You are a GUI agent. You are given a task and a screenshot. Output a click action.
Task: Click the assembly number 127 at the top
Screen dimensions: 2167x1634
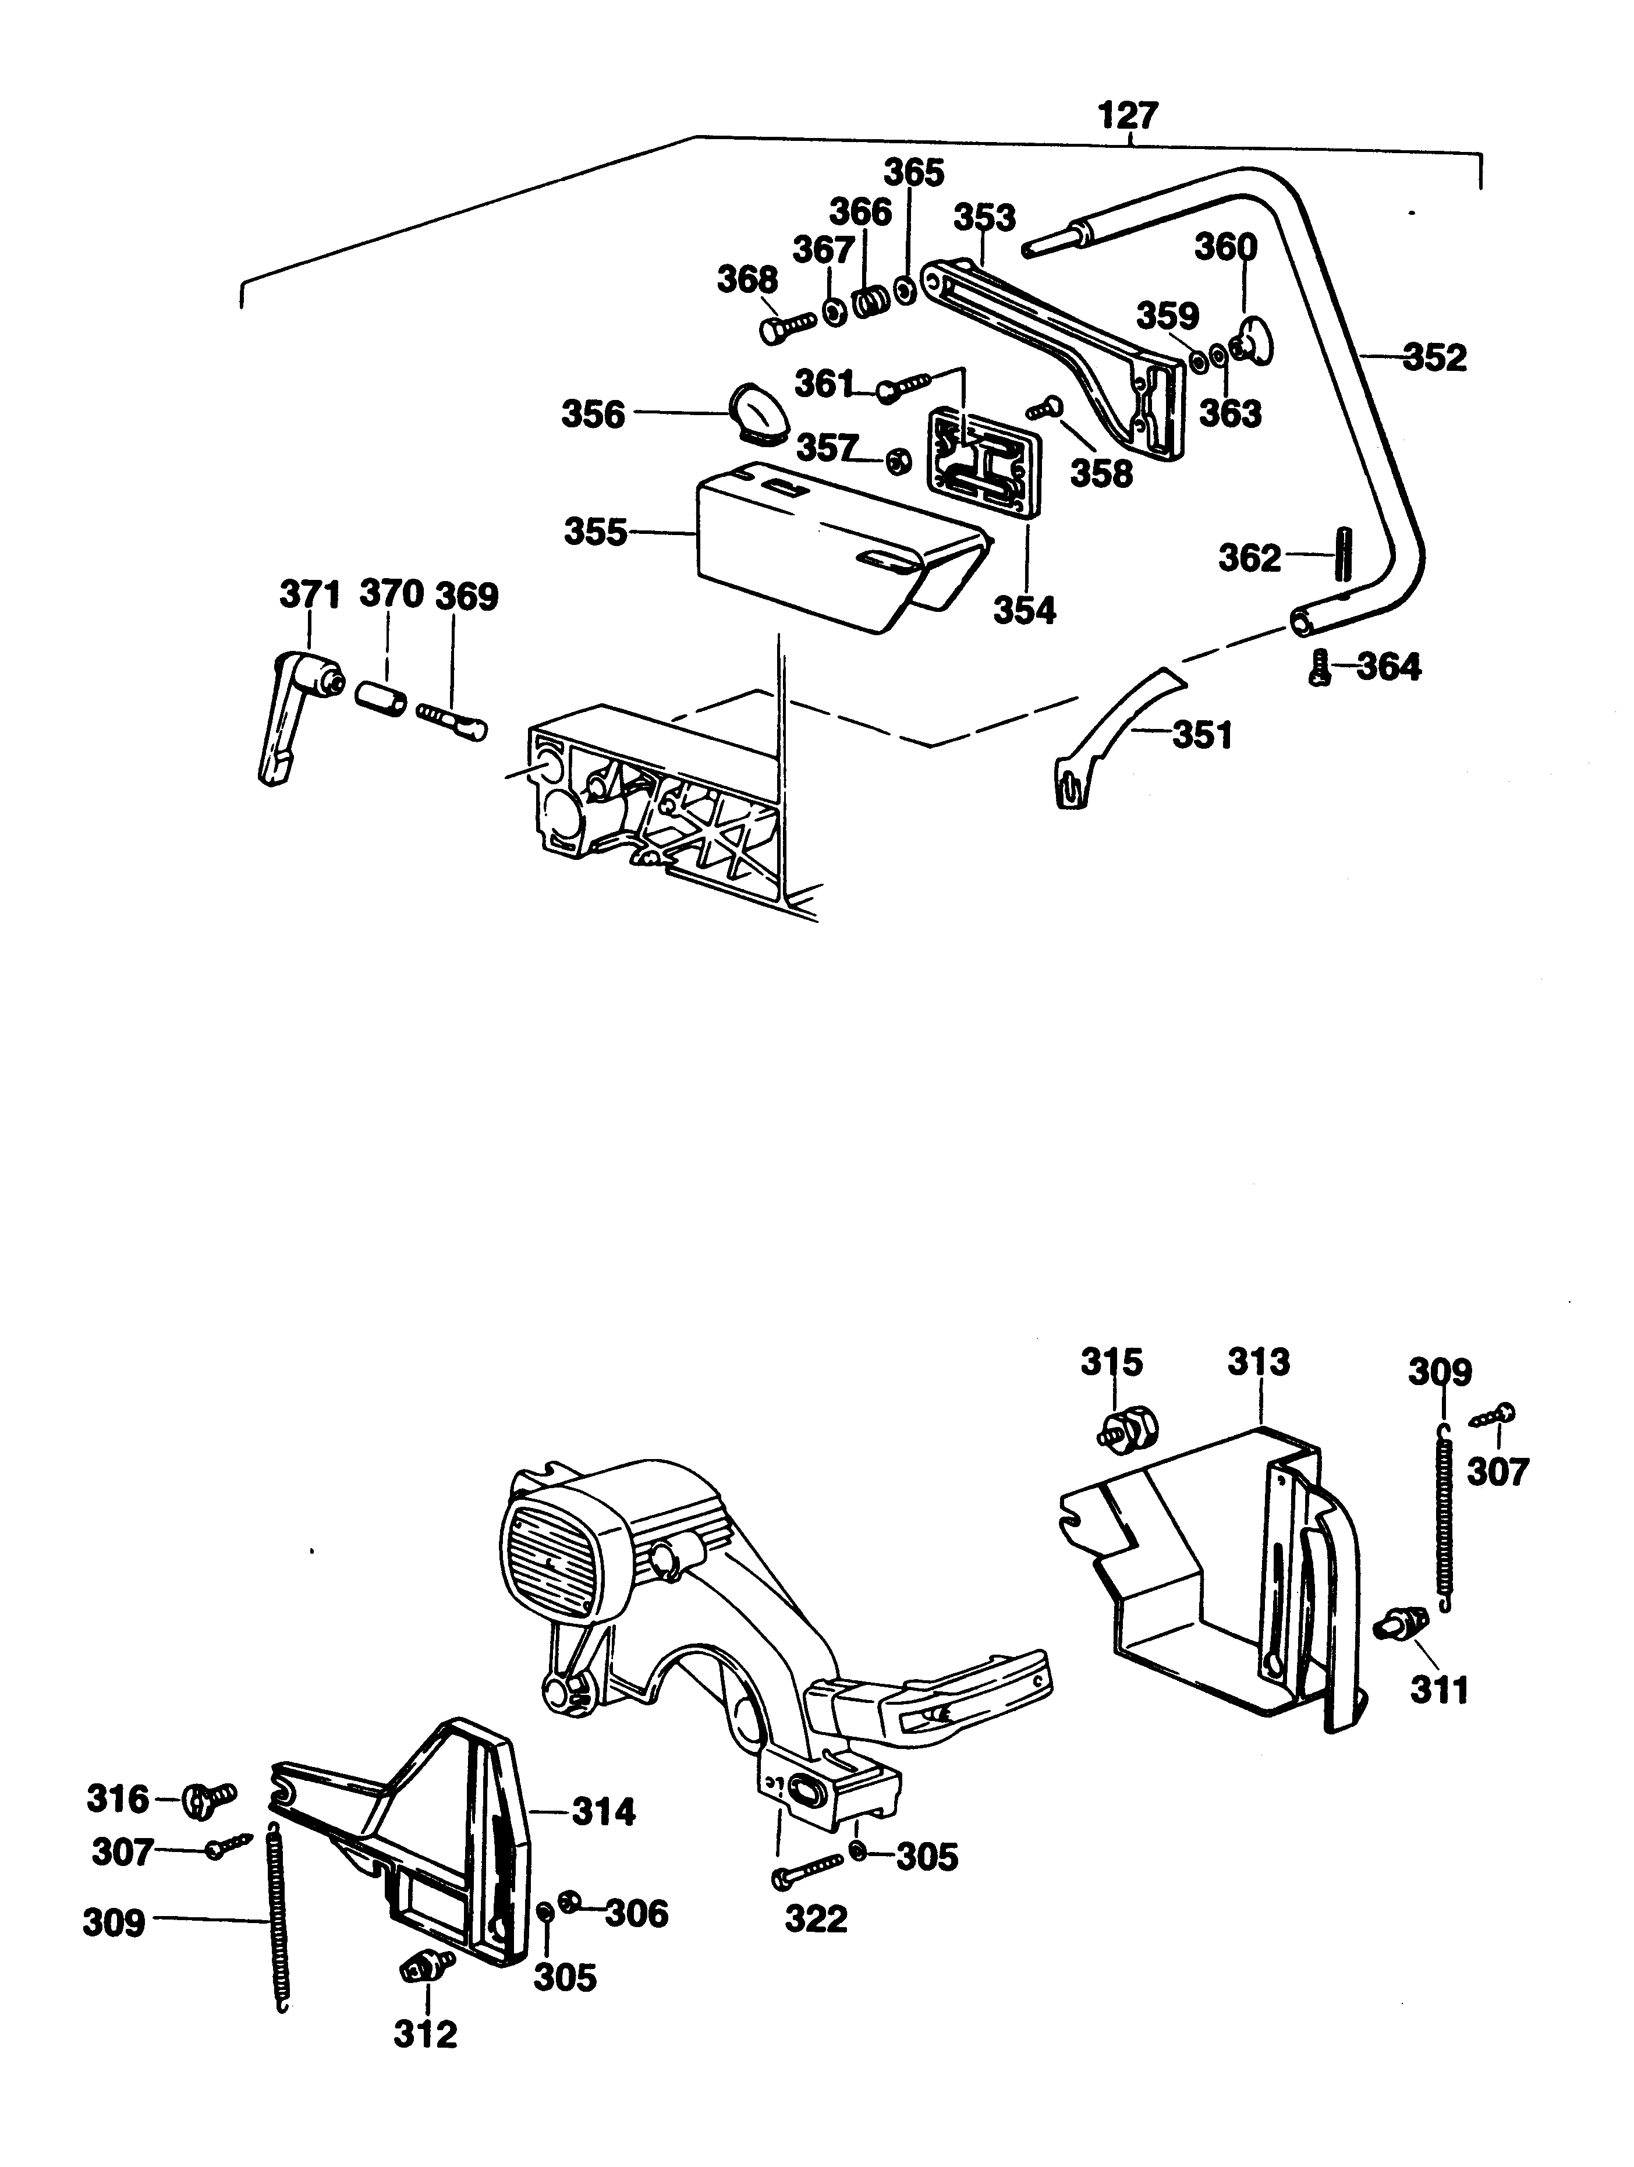click(1129, 116)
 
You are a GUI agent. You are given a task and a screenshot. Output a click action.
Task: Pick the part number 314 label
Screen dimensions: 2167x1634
click(604, 1812)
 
